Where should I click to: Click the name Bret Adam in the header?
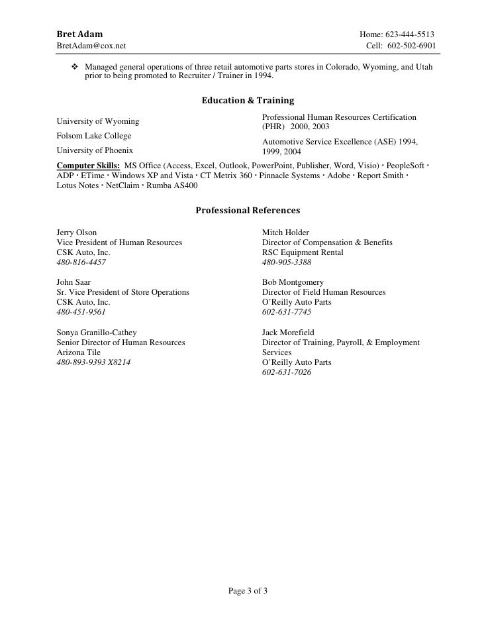[x=79, y=34]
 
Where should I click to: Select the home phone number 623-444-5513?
[x=411, y=34]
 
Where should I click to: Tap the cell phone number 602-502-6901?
[x=411, y=46]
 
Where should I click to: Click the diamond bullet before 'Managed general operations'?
[x=75, y=68]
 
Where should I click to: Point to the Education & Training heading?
[x=247, y=101]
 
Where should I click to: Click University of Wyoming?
[x=98, y=121]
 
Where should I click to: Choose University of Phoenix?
[x=95, y=150]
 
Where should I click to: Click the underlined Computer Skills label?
[x=88, y=164]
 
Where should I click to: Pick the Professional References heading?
[x=248, y=211]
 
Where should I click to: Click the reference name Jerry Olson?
[x=77, y=233]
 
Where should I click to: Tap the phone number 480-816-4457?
[x=81, y=262]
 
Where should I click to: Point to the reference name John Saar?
[x=74, y=282]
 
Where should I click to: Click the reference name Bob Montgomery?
[x=293, y=282]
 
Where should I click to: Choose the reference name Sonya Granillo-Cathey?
[x=98, y=333]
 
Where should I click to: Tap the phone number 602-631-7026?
[x=287, y=372]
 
